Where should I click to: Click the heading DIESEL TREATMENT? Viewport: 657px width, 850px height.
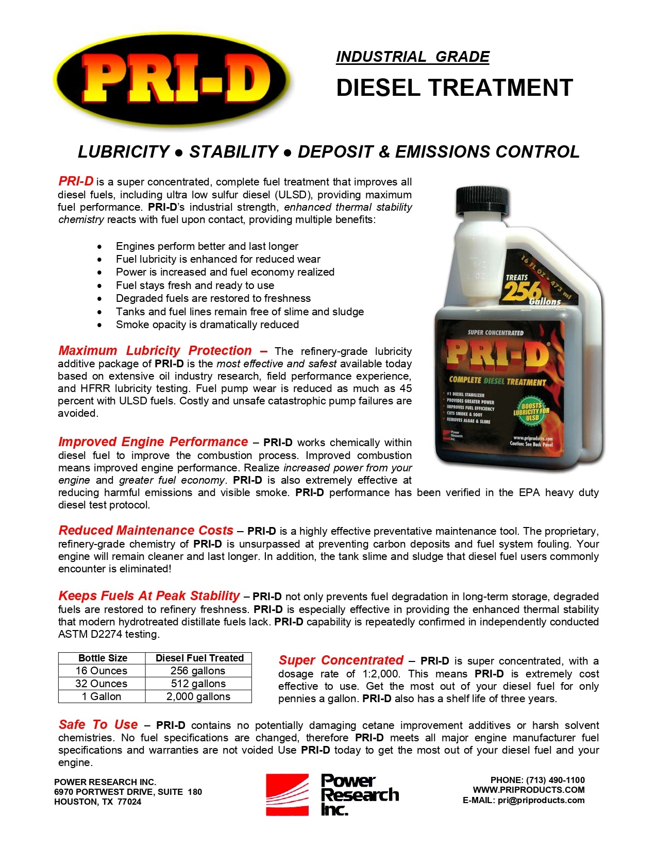(454, 88)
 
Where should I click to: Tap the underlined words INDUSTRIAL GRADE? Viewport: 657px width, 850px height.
(412, 57)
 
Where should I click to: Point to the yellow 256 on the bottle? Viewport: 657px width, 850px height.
(522, 291)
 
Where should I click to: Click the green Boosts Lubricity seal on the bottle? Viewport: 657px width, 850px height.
(531, 411)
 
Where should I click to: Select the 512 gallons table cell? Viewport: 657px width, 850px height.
(198, 684)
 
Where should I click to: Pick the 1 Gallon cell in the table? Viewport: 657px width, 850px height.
(102, 696)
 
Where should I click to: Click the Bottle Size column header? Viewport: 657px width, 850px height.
(103, 658)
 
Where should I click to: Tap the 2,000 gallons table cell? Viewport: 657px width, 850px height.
(198, 696)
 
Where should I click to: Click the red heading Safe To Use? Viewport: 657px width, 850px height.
(98, 725)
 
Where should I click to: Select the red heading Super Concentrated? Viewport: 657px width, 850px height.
(341, 660)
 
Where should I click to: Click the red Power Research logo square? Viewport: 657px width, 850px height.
(287, 794)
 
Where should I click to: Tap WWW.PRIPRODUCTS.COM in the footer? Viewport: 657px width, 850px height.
(529, 790)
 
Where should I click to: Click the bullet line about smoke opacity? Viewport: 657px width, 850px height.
(207, 325)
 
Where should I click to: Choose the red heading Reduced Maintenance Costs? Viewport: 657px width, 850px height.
(146, 531)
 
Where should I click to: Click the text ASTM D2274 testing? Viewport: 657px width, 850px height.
(109, 634)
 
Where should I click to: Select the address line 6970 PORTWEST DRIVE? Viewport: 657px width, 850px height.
(128, 792)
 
